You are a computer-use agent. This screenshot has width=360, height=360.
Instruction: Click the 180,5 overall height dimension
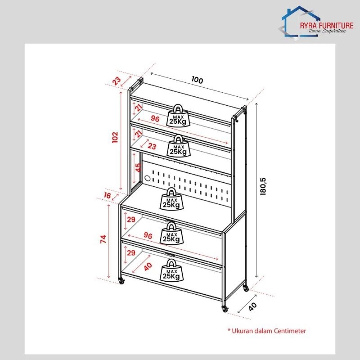click(x=263, y=186)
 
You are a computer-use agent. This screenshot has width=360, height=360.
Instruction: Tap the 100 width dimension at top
click(x=197, y=80)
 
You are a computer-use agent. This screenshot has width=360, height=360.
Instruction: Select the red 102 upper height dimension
click(x=115, y=137)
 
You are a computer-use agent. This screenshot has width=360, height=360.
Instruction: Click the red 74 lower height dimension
click(x=103, y=239)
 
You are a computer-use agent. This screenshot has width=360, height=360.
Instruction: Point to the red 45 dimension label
click(x=138, y=167)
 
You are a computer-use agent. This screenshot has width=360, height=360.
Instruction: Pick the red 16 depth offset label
click(x=107, y=195)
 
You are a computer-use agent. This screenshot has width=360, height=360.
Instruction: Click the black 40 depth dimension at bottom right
click(x=252, y=307)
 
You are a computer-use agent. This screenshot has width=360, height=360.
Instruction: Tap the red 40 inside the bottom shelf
click(x=148, y=266)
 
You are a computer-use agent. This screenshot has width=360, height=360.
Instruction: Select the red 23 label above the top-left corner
click(x=117, y=81)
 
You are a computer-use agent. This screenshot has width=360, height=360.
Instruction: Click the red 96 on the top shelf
click(x=155, y=119)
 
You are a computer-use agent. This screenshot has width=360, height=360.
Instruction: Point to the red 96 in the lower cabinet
click(x=148, y=235)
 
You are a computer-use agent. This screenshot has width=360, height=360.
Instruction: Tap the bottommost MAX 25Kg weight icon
click(x=172, y=270)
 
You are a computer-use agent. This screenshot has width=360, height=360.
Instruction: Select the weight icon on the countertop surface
click(x=172, y=199)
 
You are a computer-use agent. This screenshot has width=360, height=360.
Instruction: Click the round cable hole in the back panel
click(x=148, y=178)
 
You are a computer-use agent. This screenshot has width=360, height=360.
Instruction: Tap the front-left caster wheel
click(x=121, y=280)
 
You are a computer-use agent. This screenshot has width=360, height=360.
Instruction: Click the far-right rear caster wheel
click(x=246, y=288)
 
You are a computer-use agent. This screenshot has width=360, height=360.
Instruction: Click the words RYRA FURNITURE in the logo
click(x=327, y=26)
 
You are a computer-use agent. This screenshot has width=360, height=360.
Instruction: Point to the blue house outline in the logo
click(x=300, y=21)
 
